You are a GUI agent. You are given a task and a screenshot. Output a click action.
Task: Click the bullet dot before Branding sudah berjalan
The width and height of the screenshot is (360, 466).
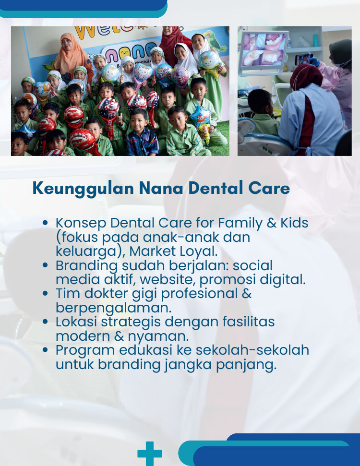45,265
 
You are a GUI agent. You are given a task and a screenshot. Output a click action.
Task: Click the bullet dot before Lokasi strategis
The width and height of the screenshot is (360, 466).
45,322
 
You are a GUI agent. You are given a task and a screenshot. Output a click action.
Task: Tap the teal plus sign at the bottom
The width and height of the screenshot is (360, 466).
150,453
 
